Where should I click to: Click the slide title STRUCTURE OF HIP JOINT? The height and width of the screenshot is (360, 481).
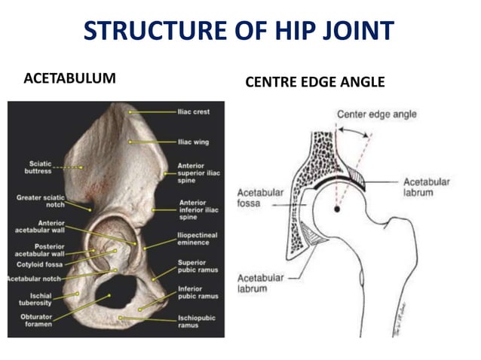tap(239, 30)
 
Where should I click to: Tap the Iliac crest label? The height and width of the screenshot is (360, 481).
tap(193, 112)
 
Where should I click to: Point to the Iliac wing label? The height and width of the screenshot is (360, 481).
tap(193, 142)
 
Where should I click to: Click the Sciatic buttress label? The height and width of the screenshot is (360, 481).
tap(38, 167)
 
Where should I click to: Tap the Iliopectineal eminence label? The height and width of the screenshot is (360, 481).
tap(197, 239)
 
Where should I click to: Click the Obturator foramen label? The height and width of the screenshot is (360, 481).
tap(35, 321)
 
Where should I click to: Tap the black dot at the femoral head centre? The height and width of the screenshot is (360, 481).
tap(337, 209)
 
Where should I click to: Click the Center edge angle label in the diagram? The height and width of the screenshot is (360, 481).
tap(376, 114)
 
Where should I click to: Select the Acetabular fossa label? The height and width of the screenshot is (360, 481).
tap(260, 197)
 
